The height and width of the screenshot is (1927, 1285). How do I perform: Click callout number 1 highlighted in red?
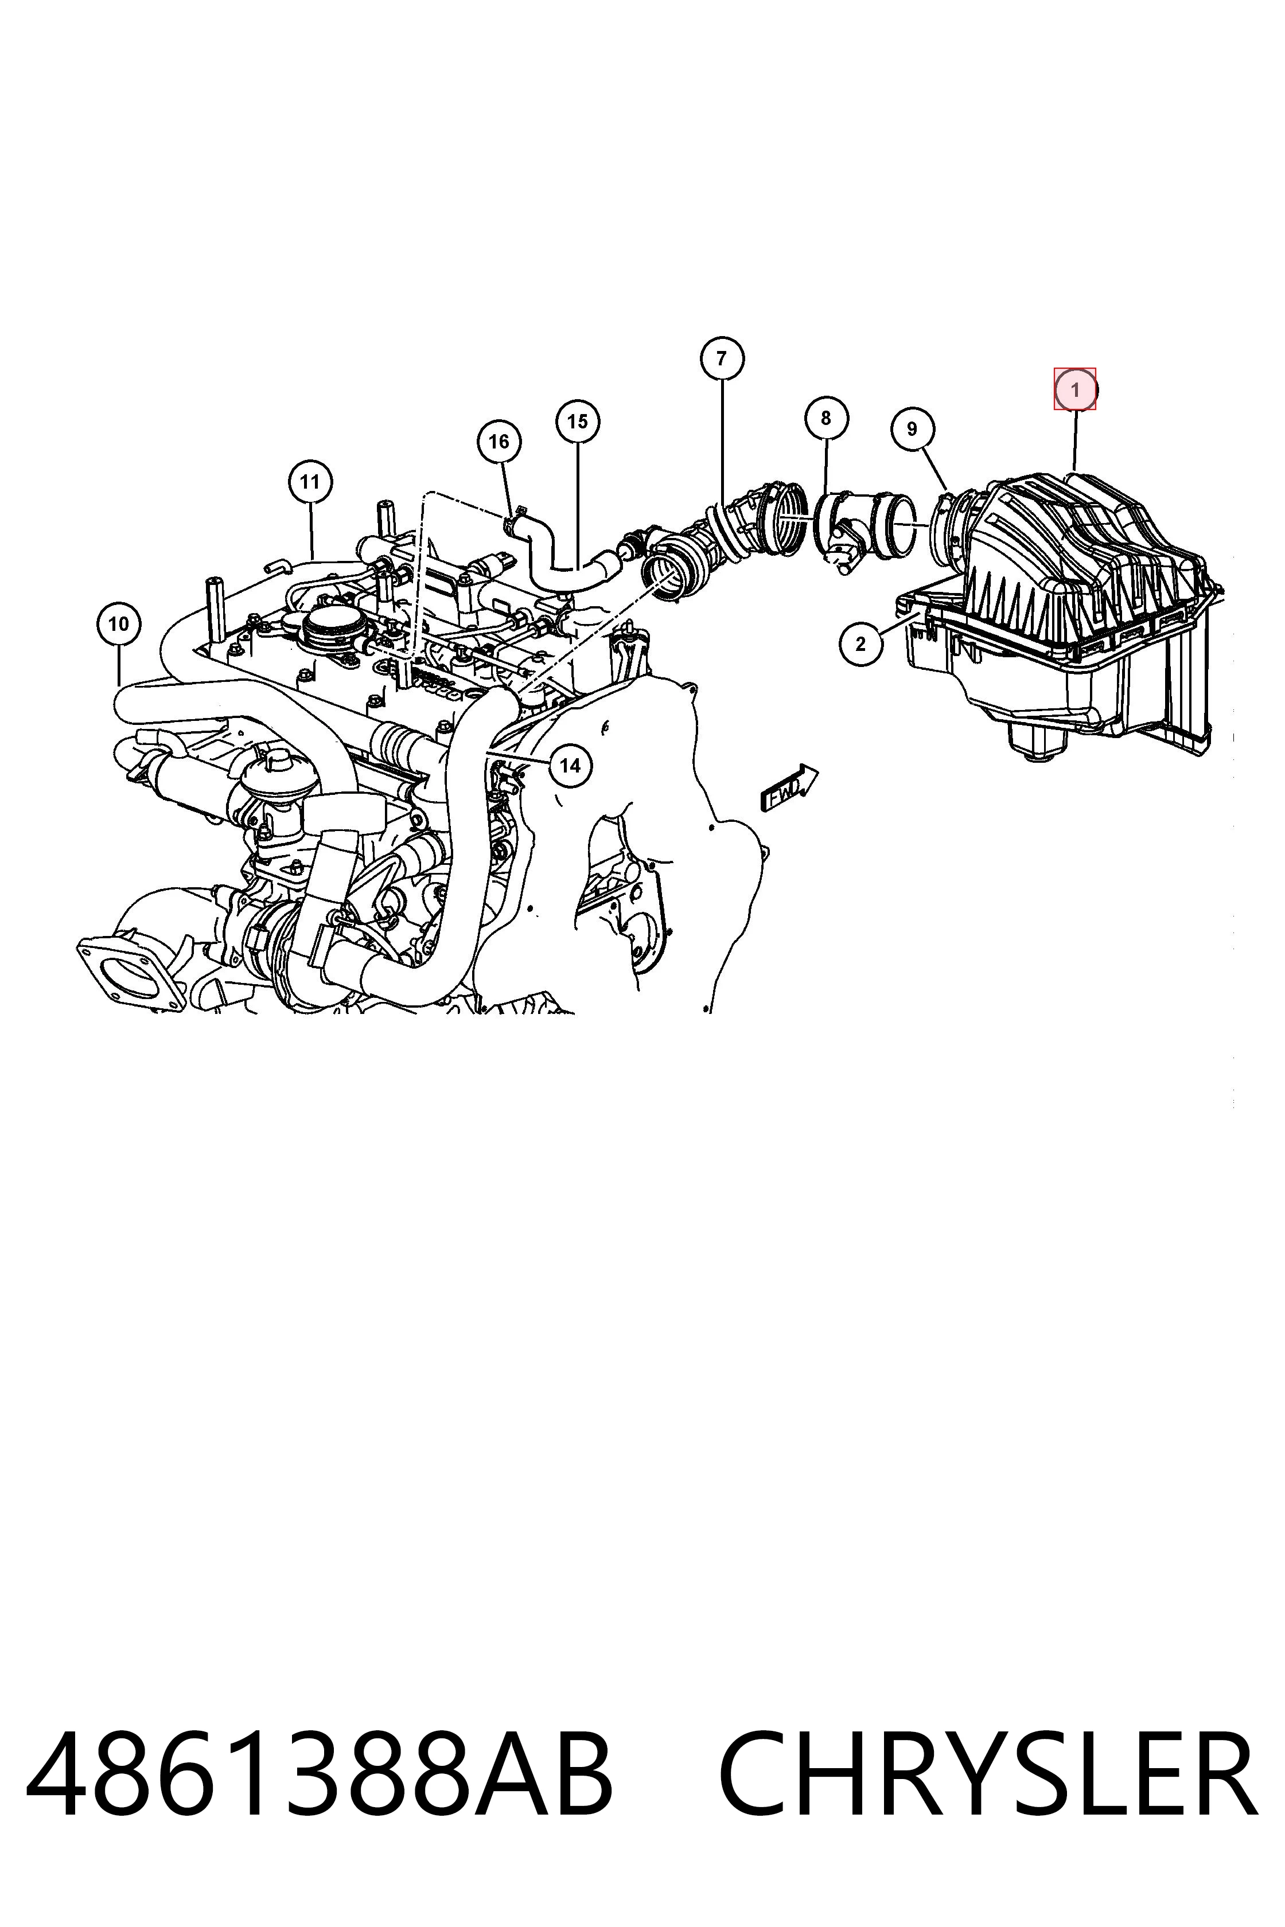point(1074,390)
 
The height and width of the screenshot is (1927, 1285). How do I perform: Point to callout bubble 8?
point(825,418)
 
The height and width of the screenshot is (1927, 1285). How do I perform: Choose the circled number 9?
point(912,428)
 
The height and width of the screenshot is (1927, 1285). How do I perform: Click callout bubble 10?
point(118,625)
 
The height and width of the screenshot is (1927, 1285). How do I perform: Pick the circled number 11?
point(310,482)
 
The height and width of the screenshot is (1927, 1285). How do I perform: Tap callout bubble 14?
point(570,765)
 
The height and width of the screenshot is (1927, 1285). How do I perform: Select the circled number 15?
point(578,421)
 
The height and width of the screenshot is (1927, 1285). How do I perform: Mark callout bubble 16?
point(499,442)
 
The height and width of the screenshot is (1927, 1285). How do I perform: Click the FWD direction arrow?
point(789,788)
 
